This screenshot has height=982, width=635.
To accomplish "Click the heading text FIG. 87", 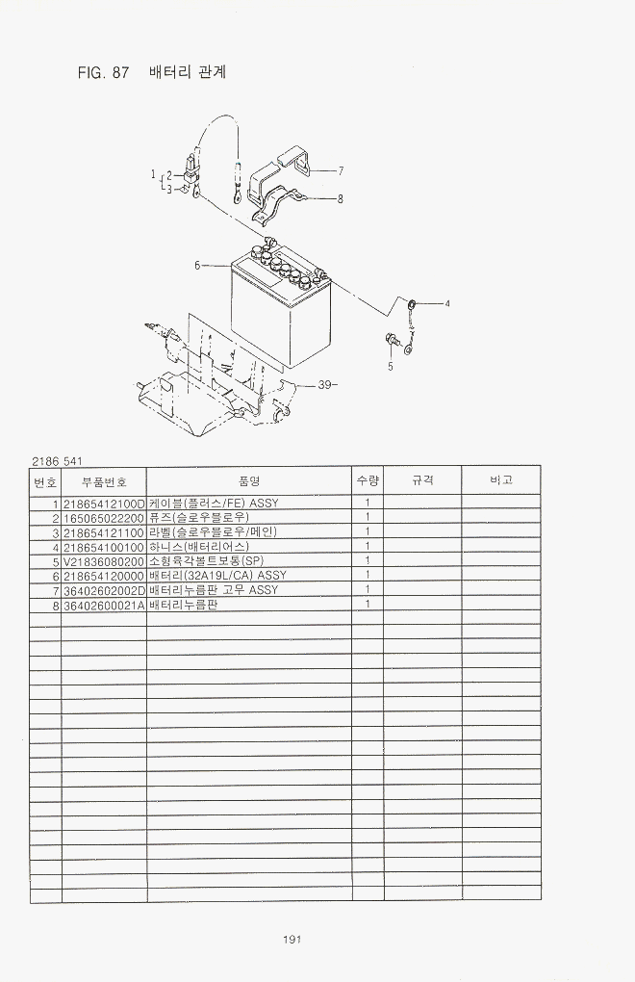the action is pyautogui.click(x=103, y=72).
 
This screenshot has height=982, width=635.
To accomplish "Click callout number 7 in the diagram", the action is pyautogui.click(x=341, y=170).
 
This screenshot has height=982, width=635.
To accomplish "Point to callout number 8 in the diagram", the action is pyautogui.click(x=340, y=199).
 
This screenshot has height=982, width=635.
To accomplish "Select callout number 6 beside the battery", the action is pyautogui.click(x=197, y=266).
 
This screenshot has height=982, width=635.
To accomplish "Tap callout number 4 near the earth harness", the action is pyautogui.click(x=447, y=303).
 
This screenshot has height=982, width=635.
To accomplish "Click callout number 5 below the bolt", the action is pyautogui.click(x=391, y=367).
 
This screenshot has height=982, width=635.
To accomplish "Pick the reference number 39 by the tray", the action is pyautogui.click(x=324, y=384).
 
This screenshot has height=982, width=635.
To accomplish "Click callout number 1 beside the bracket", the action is pyautogui.click(x=153, y=173).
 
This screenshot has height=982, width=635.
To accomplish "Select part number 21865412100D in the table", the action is pyautogui.click(x=104, y=503).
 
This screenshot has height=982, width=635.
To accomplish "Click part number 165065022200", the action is pyautogui.click(x=104, y=517).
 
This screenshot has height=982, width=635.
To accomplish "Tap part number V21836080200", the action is pyautogui.click(x=104, y=561).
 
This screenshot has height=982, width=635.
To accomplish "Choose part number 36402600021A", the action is pyautogui.click(x=104, y=605).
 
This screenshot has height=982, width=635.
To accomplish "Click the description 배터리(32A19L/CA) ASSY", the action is pyautogui.click(x=217, y=575).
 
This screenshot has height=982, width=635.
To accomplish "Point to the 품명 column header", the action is pyautogui.click(x=249, y=480).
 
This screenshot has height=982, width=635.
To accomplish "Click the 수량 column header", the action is pyautogui.click(x=368, y=480).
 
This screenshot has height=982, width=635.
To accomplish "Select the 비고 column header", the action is pyautogui.click(x=501, y=480).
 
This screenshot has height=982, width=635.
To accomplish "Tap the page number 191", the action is pyautogui.click(x=292, y=939).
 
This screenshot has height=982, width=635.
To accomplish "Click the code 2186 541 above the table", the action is pyautogui.click(x=57, y=461).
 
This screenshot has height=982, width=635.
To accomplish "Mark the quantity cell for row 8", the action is pyautogui.click(x=368, y=605).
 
